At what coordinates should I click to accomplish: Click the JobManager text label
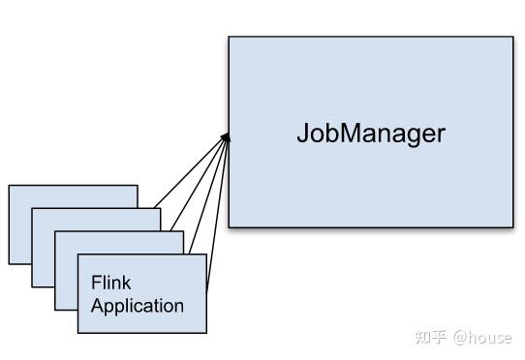click(370, 133)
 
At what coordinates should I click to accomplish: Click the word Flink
click(110, 284)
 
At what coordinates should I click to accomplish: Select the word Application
click(137, 306)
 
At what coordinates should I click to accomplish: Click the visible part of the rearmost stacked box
click(19, 223)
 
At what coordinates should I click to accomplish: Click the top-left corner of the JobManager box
click(229, 37)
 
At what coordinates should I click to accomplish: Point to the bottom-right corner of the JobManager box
click(512, 227)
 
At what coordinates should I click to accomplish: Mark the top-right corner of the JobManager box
click(512, 37)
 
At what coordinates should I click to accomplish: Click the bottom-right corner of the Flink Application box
click(206, 333)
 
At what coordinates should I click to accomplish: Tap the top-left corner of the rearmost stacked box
click(10, 185)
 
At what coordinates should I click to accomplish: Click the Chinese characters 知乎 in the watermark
click(430, 337)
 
